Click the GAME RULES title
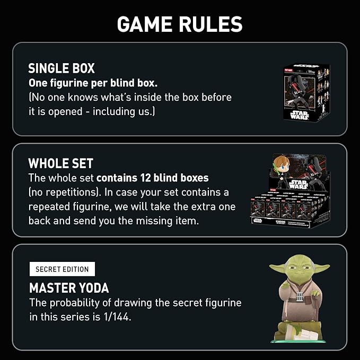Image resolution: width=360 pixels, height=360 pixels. [180, 24]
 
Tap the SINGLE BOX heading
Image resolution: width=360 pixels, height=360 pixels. [62, 68]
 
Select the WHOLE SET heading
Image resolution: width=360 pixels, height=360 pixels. [60, 163]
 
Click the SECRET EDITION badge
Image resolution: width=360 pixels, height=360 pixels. [62, 269]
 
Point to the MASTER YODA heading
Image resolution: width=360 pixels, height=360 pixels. [69, 288]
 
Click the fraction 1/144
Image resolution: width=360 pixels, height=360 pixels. [117, 317]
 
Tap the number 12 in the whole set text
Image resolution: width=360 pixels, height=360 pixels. [145, 178]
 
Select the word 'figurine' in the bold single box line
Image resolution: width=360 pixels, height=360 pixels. [69, 83]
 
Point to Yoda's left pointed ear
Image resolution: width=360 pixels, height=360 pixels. [278, 267]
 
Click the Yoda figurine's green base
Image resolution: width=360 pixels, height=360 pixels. [298, 341]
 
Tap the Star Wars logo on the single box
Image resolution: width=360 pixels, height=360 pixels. [300, 115]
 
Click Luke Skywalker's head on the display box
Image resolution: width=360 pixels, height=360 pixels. [282, 164]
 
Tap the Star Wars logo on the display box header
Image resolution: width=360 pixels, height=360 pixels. [298, 184]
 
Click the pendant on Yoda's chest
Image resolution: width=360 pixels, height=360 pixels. [300, 296]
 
